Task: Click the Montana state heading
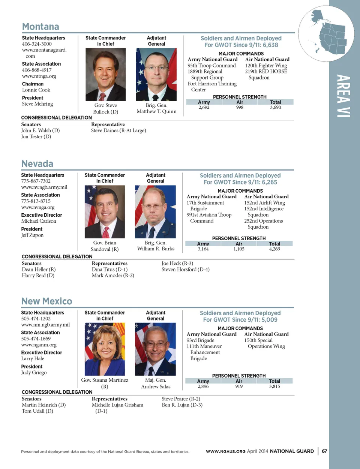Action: [40, 27]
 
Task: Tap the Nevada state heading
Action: [37, 164]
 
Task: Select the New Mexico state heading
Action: [46, 301]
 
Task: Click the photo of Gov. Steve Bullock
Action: [105, 75]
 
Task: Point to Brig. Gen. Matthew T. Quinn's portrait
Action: [156, 75]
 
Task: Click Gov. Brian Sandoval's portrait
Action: [105, 212]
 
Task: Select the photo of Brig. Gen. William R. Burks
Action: [155, 212]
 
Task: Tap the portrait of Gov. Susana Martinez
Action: [105, 349]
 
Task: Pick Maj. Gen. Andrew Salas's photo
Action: [155, 349]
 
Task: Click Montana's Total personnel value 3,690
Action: [275, 108]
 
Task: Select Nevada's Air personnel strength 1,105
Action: [239, 249]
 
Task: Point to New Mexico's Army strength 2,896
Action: [203, 387]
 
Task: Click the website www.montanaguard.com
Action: [44, 53]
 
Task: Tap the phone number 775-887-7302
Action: [36, 181]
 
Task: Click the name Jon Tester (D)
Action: [36, 137]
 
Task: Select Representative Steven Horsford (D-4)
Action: [185, 270]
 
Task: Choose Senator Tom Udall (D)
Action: [37, 411]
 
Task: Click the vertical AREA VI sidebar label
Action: [343, 96]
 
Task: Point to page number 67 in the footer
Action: [324, 451]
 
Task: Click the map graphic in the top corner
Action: [326, 34]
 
